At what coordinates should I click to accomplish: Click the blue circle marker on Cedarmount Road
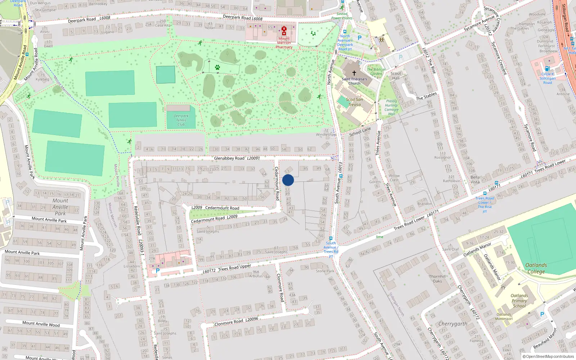point(288,180)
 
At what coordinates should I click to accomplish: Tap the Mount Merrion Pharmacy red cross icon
point(284,31)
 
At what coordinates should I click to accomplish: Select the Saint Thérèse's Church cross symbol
point(354,73)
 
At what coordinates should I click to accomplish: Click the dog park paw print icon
point(217,67)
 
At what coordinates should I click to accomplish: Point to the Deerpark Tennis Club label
point(181,120)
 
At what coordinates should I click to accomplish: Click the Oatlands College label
point(536,268)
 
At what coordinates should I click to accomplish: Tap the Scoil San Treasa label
point(355,102)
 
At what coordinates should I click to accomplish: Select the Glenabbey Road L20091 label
point(237,158)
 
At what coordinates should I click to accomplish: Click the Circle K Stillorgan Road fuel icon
point(547,68)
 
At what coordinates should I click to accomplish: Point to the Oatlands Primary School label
point(519,301)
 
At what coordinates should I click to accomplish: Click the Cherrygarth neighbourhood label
point(453,324)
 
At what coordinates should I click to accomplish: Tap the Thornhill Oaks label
point(437,279)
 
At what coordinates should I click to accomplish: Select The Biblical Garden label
point(376,72)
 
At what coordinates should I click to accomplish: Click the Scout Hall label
point(396,76)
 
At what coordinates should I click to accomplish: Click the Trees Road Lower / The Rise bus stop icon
point(485,193)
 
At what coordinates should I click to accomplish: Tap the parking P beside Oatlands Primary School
point(542,314)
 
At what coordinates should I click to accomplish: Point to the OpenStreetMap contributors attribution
point(548,357)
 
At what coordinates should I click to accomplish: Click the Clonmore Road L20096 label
point(236,321)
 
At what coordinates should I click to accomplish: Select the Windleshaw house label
point(326,135)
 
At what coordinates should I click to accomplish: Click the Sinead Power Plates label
point(342,16)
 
